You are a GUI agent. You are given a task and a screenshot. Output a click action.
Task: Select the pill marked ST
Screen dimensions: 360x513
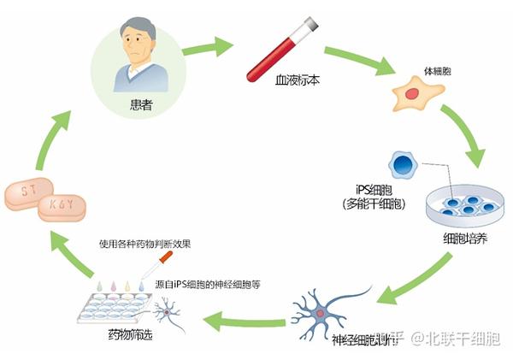click(26, 190)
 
